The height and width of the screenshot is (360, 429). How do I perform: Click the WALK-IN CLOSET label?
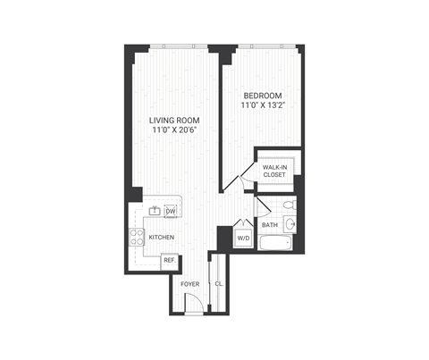pos(273,171)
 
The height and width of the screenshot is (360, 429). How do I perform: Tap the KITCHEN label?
pos(161,237)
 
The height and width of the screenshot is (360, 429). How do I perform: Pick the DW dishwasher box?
pos(170,211)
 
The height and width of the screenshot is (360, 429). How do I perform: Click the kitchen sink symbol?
pos(154,212)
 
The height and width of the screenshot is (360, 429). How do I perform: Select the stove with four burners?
pos(138,237)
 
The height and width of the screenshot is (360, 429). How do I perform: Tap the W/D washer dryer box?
pos(242,238)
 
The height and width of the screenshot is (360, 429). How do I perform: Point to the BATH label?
pos(269,224)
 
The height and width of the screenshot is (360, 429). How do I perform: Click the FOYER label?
pos(189,284)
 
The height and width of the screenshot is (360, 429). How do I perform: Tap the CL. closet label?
pos(218,284)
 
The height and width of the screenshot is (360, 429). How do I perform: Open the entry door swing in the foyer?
pos(193,306)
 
